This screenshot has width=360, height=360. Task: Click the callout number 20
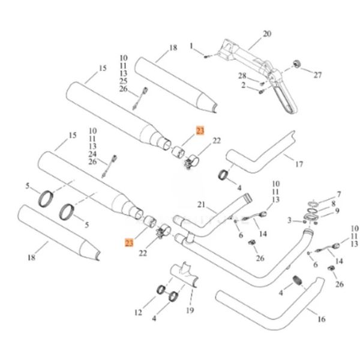267,34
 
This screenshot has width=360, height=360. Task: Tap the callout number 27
318,75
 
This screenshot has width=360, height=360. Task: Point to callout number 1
192,46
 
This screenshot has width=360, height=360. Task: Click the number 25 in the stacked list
123,81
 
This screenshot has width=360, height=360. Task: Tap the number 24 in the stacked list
92,154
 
